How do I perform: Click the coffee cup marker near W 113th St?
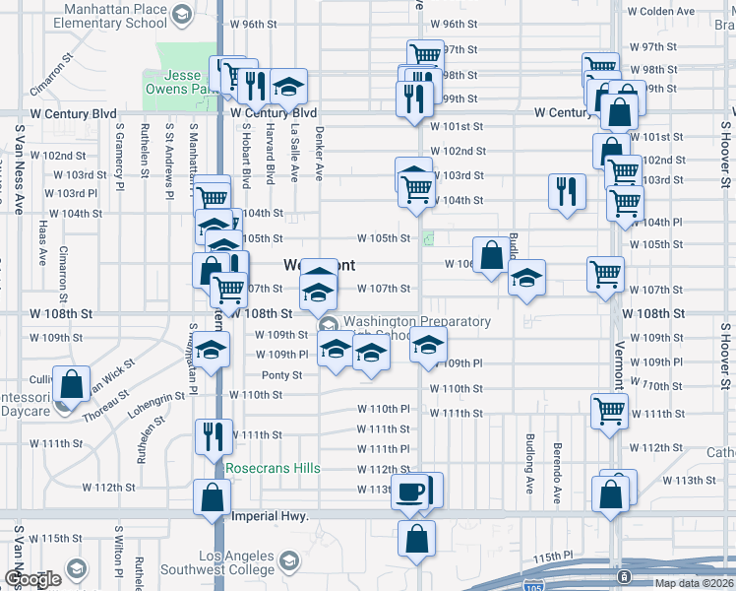[x=411, y=491]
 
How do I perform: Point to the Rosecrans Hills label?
[x=273, y=467]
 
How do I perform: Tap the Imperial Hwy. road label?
[x=270, y=516]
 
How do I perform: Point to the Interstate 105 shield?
[x=622, y=575]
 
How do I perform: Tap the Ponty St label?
[x=281, y=374]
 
